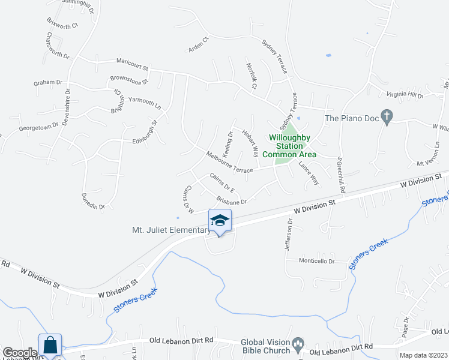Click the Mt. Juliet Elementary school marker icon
coord(220,221)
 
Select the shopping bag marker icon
coord(50,346)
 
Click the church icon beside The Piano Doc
coord(387,118)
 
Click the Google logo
coord(19,353)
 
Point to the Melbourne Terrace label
coord(230,162)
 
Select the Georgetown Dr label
coord(38,127)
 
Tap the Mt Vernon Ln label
coord(429,163)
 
